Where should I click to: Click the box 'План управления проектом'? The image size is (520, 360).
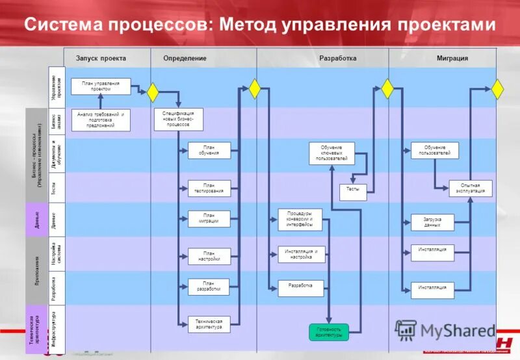(x=101, y=86)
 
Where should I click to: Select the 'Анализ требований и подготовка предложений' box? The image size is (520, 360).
(x=101, y=120)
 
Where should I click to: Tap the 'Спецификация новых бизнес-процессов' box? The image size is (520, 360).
(x=178, y=120)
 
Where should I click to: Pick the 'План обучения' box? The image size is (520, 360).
(x=209, y=151)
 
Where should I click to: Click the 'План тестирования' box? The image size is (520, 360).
(x=209, y=188)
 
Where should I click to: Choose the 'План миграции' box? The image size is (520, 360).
(x=209, y=218)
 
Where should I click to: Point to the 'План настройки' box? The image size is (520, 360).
(x=209, y=256)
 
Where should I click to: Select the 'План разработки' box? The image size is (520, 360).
(x=209, y=287)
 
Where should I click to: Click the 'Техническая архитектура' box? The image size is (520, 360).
(x=209, y=324)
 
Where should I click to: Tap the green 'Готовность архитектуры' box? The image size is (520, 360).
(x=328, y=332)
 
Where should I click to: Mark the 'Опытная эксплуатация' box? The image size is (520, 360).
(x=471, y=188)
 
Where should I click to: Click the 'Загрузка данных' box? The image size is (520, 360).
(x=432, y=222)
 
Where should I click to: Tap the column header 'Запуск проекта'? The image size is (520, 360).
(x=101, y=58)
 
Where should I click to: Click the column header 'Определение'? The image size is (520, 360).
(x=185, y=58)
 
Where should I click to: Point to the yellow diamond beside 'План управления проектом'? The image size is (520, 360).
(x=153, y=93)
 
